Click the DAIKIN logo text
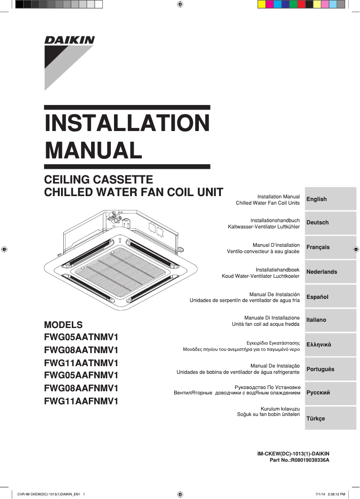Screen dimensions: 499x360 pos(69,40)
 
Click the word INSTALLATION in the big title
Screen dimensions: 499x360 pos(127,123)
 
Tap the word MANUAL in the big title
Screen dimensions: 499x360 pos(93,150)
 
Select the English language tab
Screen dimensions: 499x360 pos(330,199)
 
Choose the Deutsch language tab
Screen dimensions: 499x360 pos(330,223)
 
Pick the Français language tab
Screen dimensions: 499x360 pos(330,247)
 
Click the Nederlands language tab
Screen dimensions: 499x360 pos(330,272)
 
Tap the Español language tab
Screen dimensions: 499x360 pos(330,297)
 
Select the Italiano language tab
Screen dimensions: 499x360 pos(330,320)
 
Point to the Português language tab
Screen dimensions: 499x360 pos(330,369)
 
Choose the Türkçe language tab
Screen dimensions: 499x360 pos(330,418)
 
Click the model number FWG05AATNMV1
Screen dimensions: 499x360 pos(81,337)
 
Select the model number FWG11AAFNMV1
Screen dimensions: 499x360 pos(81,401)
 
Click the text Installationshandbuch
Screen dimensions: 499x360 pos(275,220)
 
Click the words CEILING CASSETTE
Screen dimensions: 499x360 pos(99,180)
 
